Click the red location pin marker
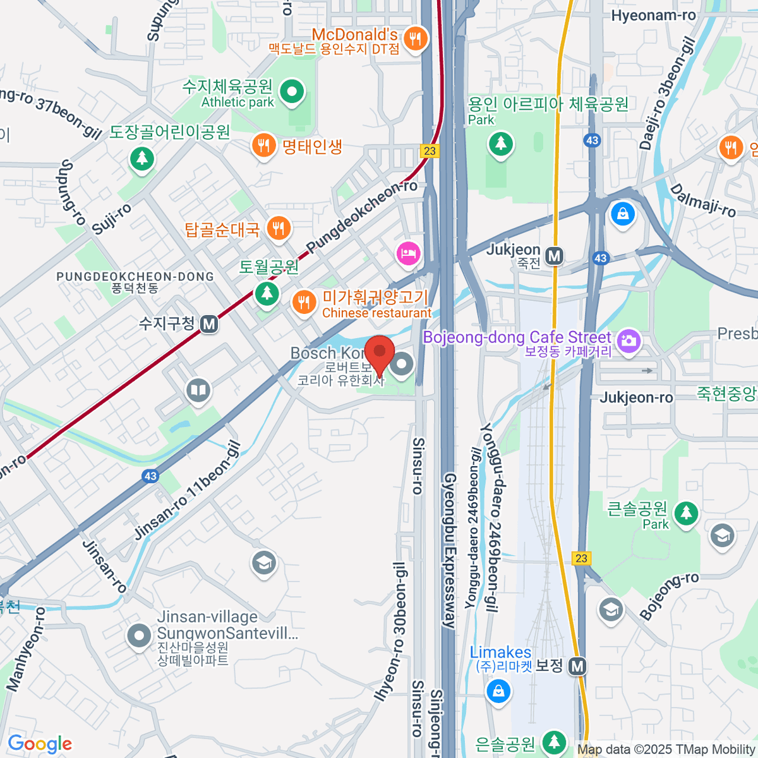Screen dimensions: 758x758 pyautogui.click(x=379, y=354)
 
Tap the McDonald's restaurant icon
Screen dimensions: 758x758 pyautogui.click(x=414, y=39)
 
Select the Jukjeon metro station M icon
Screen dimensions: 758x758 pyautogui.click(x=555, y=256)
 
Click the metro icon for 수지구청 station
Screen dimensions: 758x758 pyautogui.click(x=209, y=325)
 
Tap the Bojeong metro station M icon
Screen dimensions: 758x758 pyautogui.click(x=577, y=666)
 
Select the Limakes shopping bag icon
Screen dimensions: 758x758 pyautogui.click(x=498, y=690)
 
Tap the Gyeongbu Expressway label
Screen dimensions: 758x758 pyautogui.click(x=449, y=550)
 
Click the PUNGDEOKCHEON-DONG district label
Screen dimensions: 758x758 pyautogui.click(x=135, y=277)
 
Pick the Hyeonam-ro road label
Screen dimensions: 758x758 pyautogui.click(x=653, y=16)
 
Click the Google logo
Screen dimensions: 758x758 pyautogui.click(x=40, y=743)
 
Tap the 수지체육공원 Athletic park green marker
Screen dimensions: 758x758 pyautogui.click(x=292, y=92)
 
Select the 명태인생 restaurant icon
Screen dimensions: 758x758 pyautogui.click(x=263, y=146)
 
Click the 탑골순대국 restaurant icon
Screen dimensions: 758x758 pyautogui.click(x=279, y=227)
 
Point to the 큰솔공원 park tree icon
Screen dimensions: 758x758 pyautogui.click(x=685, y=513)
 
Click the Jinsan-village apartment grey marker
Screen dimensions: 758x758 pyautogui.click(x=139, y=636)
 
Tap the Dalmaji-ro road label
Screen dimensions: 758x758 pyautogui.click(x=702, y=200)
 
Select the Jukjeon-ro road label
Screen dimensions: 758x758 pyautogui.click(x=635, y=397)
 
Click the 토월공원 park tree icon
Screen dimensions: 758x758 pyautogui.click(x=267, y=293)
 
